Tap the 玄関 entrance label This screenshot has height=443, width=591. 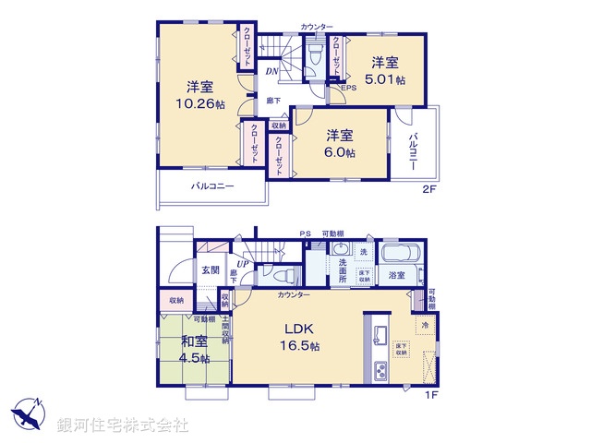pos(210,270)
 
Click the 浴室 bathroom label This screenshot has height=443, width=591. pos(397,275)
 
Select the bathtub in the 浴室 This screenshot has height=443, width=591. pos(400,253)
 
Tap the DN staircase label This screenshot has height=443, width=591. pos(272,71)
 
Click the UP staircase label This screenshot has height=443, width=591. pos(242,266)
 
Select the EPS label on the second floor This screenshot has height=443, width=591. pos(349,88)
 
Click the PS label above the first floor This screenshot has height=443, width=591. pos(304,233)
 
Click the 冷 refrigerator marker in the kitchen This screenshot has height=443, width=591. pos(425,325)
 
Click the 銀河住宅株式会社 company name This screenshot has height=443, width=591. pos(124,425)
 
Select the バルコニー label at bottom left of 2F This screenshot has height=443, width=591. pos(212,186)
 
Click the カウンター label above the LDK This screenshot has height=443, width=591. pos(293,294)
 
